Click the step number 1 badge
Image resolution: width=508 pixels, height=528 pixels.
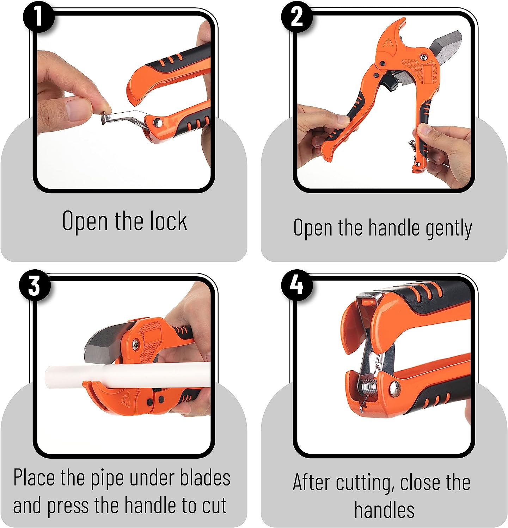(x=39, y=17)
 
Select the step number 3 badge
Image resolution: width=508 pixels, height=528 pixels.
(x=34, y=285)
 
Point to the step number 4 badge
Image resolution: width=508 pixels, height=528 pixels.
(x=297, y=285)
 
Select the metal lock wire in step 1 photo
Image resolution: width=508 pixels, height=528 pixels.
(x=123, y=117)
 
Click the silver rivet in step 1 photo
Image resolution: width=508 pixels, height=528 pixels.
(x=156, y=122)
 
